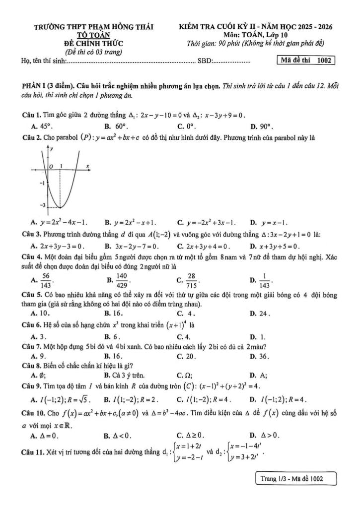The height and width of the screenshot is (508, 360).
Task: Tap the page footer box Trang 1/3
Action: pos(295,479)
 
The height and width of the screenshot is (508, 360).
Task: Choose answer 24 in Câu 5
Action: pos(264,313)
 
